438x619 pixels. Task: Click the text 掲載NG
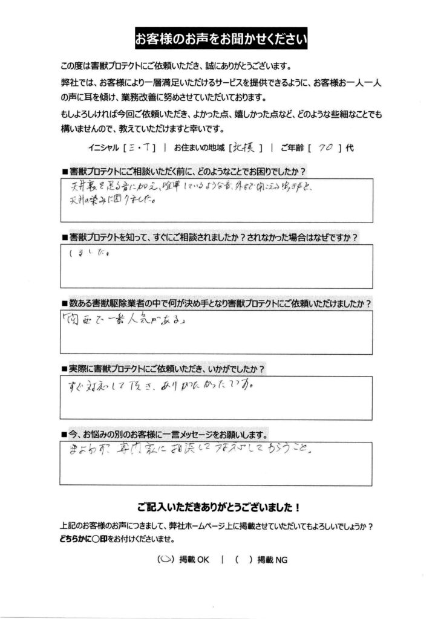click(x=273, y=560)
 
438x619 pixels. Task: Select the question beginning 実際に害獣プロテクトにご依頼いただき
click(x=164, y=368)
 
